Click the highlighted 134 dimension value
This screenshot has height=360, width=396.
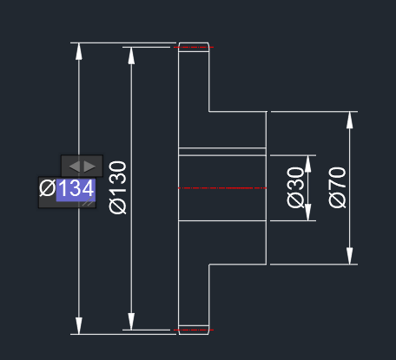click(x=76, y=189)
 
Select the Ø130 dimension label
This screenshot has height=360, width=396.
click(x=118, y=187)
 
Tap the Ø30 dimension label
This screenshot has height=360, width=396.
click(x=295, y=187)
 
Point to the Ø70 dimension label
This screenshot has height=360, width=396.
click(x=337, y=187)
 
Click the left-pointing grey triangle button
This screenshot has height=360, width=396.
click(x=75, y=167)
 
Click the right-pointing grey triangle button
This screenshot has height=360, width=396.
click(x=89, y=167)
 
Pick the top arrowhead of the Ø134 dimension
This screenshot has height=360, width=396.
click(x=79, y=51)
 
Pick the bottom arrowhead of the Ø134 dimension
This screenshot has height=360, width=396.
click(x=79, y=325)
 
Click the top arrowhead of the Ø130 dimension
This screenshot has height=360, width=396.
click(x=131, y=56)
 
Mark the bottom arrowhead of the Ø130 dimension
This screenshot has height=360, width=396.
click(x=131, y=321)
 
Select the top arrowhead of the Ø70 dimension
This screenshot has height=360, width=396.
click(x=350, y=120)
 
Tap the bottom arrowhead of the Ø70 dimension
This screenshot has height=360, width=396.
click(x=350, y=256)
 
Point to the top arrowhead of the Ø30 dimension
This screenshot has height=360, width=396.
click(x=308, y=164)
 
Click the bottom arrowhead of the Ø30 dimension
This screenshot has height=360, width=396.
click(x=308, y=213)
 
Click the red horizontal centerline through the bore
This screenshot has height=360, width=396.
click(x=222, y=188)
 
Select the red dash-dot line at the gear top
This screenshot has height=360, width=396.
click(x=194, y=47)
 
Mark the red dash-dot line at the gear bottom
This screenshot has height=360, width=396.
click(x=194, y=330)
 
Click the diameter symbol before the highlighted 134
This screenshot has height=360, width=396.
click(x=48, y=188)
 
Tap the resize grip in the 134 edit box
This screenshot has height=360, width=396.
click(x=89, y=203)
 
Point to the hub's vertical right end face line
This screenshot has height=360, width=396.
click(x=267, y=187)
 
